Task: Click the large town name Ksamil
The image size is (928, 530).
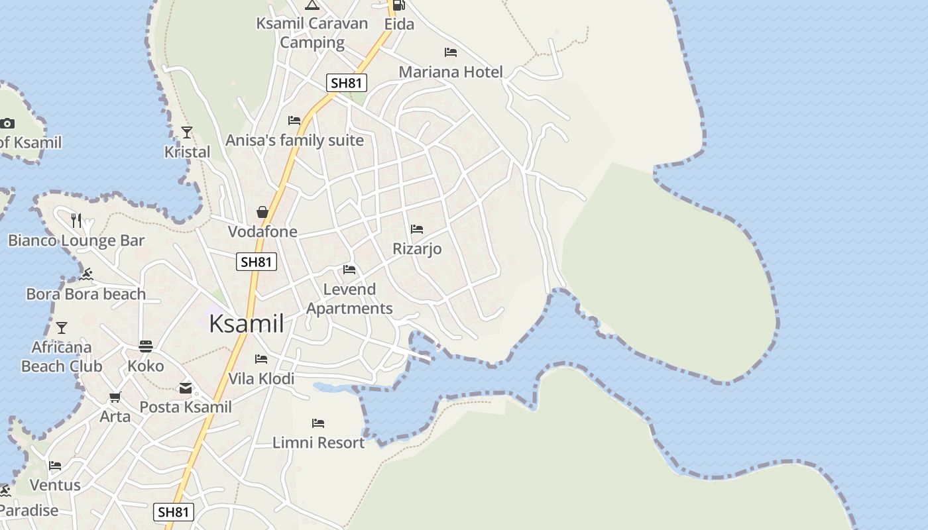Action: click(247, 324)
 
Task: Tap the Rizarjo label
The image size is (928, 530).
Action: click(417, 249)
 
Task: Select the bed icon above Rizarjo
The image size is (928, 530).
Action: click(417, 229)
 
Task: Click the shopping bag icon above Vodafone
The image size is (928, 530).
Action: click(262, 212)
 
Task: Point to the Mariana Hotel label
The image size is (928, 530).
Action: click(451, 72)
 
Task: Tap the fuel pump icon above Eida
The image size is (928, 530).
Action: click(398, 5)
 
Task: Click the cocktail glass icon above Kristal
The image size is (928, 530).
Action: click(187, 132)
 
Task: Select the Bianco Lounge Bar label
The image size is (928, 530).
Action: click(76, 240)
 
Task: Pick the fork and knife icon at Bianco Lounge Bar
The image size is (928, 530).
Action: click(76, 221)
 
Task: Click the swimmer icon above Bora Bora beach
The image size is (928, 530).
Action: click(86, 274)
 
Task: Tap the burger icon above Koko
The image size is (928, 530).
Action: click(146, 346)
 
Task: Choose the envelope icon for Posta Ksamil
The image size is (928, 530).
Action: click(186, 388)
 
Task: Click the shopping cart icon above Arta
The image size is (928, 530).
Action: click(115, 397)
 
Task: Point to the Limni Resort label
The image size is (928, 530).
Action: click(319, 443)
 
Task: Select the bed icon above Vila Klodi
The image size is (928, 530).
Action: click(261, 359)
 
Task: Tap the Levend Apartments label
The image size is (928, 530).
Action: click(349, 299)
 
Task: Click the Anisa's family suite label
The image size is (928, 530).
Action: click(294, 140)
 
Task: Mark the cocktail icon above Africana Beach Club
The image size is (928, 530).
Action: click(62, 327)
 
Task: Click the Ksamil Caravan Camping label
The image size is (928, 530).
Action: click(312, 32)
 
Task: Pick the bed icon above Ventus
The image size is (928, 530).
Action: click(55, 466)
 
